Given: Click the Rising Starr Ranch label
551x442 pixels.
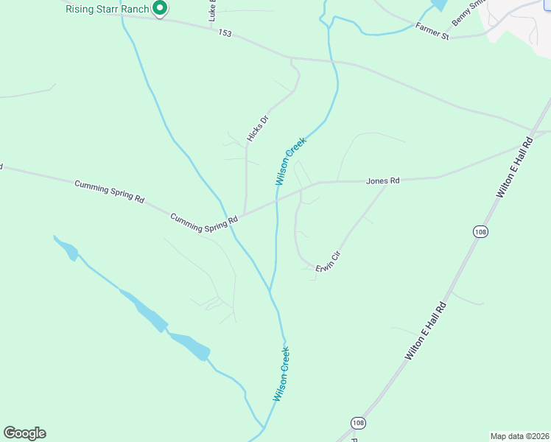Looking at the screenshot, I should (x=108, y=9).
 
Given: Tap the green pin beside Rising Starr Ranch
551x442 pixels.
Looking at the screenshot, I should (x=160, y=9).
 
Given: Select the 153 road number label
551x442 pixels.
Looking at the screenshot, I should (x=225, y=34).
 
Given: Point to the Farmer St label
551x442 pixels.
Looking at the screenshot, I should (x=432, y=33).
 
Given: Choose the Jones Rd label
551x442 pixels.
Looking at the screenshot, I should (x=383, y=180).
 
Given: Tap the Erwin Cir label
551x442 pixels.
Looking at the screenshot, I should (x=329, y=263).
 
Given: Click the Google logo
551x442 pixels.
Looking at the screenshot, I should (x=24, y=433).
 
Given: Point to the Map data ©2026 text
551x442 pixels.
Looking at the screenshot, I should (x=519, y=435).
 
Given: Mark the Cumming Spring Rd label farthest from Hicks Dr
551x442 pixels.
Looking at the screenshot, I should (x=109, y=190).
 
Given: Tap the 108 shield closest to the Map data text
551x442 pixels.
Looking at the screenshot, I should (x=358, y=423).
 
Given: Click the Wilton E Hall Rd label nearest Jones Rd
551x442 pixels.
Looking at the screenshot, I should (x=514, y=166).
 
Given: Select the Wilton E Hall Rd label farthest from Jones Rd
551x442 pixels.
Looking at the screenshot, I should (x=426, y=331).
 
